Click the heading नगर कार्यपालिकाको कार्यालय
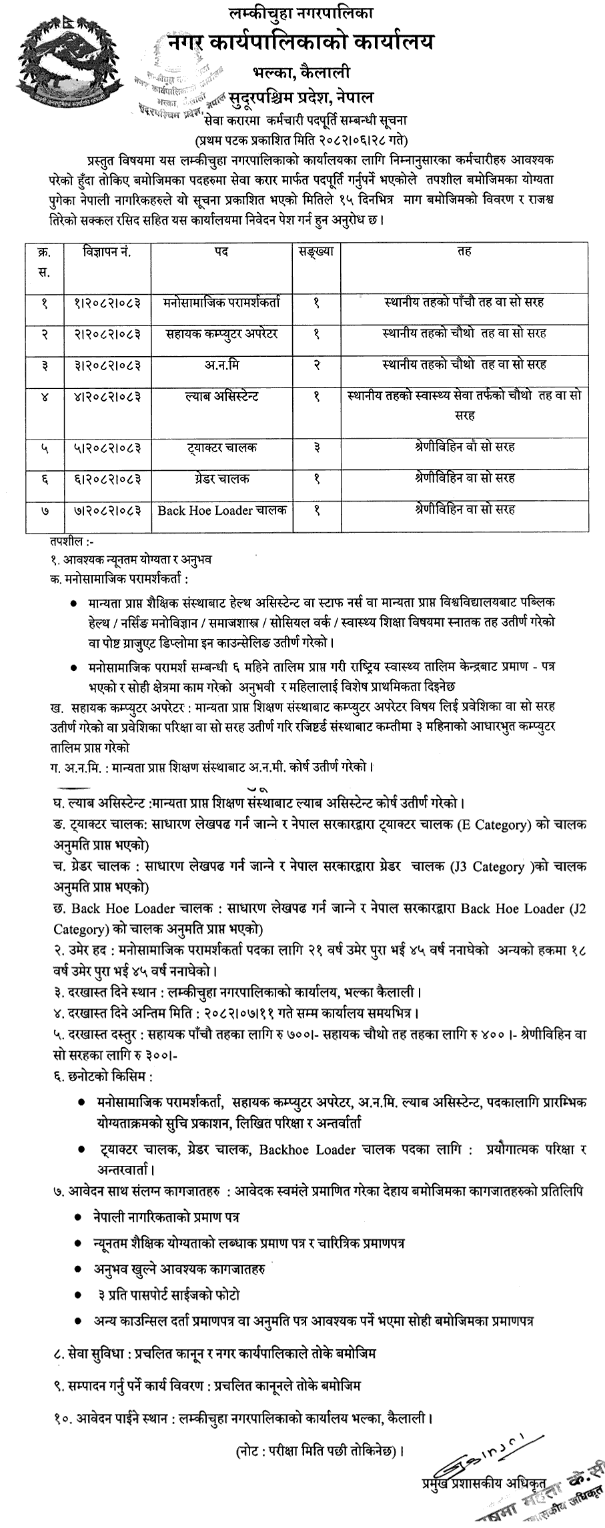[300, 43]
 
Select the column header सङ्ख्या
[316, 252]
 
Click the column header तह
[464, 252]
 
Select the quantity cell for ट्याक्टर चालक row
[316, 447]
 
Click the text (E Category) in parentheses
[493, 825]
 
